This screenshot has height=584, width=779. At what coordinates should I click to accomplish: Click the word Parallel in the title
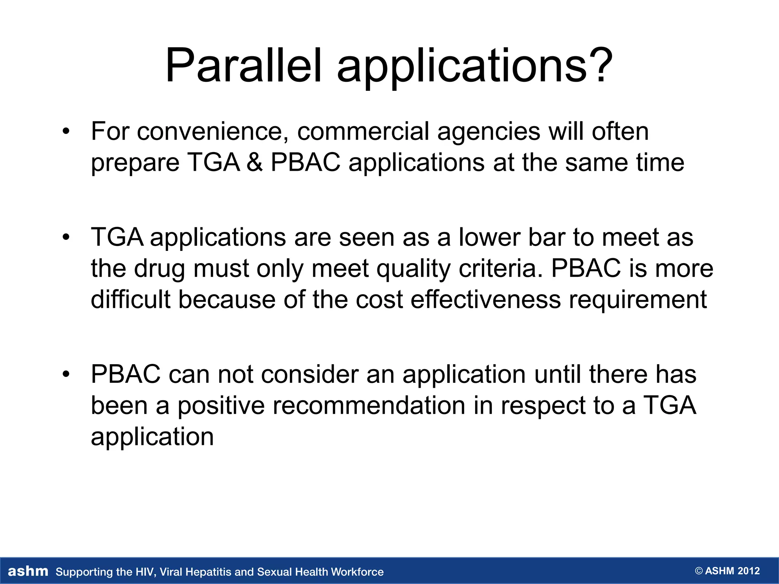point(243,65)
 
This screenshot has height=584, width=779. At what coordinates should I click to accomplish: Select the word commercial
point(363,132)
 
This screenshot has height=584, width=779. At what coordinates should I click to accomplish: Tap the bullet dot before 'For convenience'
point(67,132)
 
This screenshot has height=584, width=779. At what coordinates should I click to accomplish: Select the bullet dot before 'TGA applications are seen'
point(67,237)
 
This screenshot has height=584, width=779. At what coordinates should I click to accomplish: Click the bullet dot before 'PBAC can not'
point(67,375)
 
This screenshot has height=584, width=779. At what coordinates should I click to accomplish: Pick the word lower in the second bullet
point(489,237)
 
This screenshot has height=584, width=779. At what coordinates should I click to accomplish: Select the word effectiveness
point(486,300)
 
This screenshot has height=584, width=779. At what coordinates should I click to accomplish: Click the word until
point(557,375)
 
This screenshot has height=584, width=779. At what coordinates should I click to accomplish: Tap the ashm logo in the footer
point(28,571)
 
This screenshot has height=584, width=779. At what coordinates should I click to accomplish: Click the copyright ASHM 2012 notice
point(727,571)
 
